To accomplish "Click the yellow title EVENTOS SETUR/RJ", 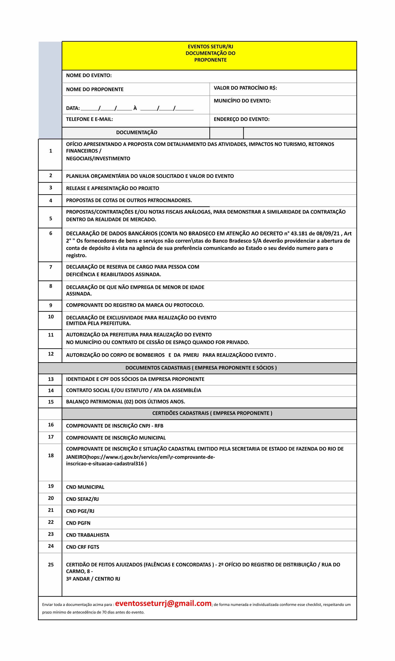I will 210,47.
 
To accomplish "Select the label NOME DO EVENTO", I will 89,76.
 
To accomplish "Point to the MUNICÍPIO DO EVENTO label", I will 242,101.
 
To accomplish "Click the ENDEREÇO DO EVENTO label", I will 242,119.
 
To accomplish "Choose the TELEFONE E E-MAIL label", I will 89,119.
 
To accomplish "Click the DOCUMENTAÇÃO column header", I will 137,133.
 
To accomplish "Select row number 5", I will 51,219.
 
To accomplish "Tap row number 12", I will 51,354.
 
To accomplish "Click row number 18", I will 51,455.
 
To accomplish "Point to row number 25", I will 51,564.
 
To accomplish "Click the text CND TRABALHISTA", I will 88,535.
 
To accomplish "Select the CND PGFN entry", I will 78,523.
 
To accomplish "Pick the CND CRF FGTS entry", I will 82,547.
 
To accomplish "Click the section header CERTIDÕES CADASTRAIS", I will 212,413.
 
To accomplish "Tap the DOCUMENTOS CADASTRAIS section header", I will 201,368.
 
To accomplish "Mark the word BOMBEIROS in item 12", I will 150,355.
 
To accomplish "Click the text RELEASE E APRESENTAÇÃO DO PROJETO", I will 113,188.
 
